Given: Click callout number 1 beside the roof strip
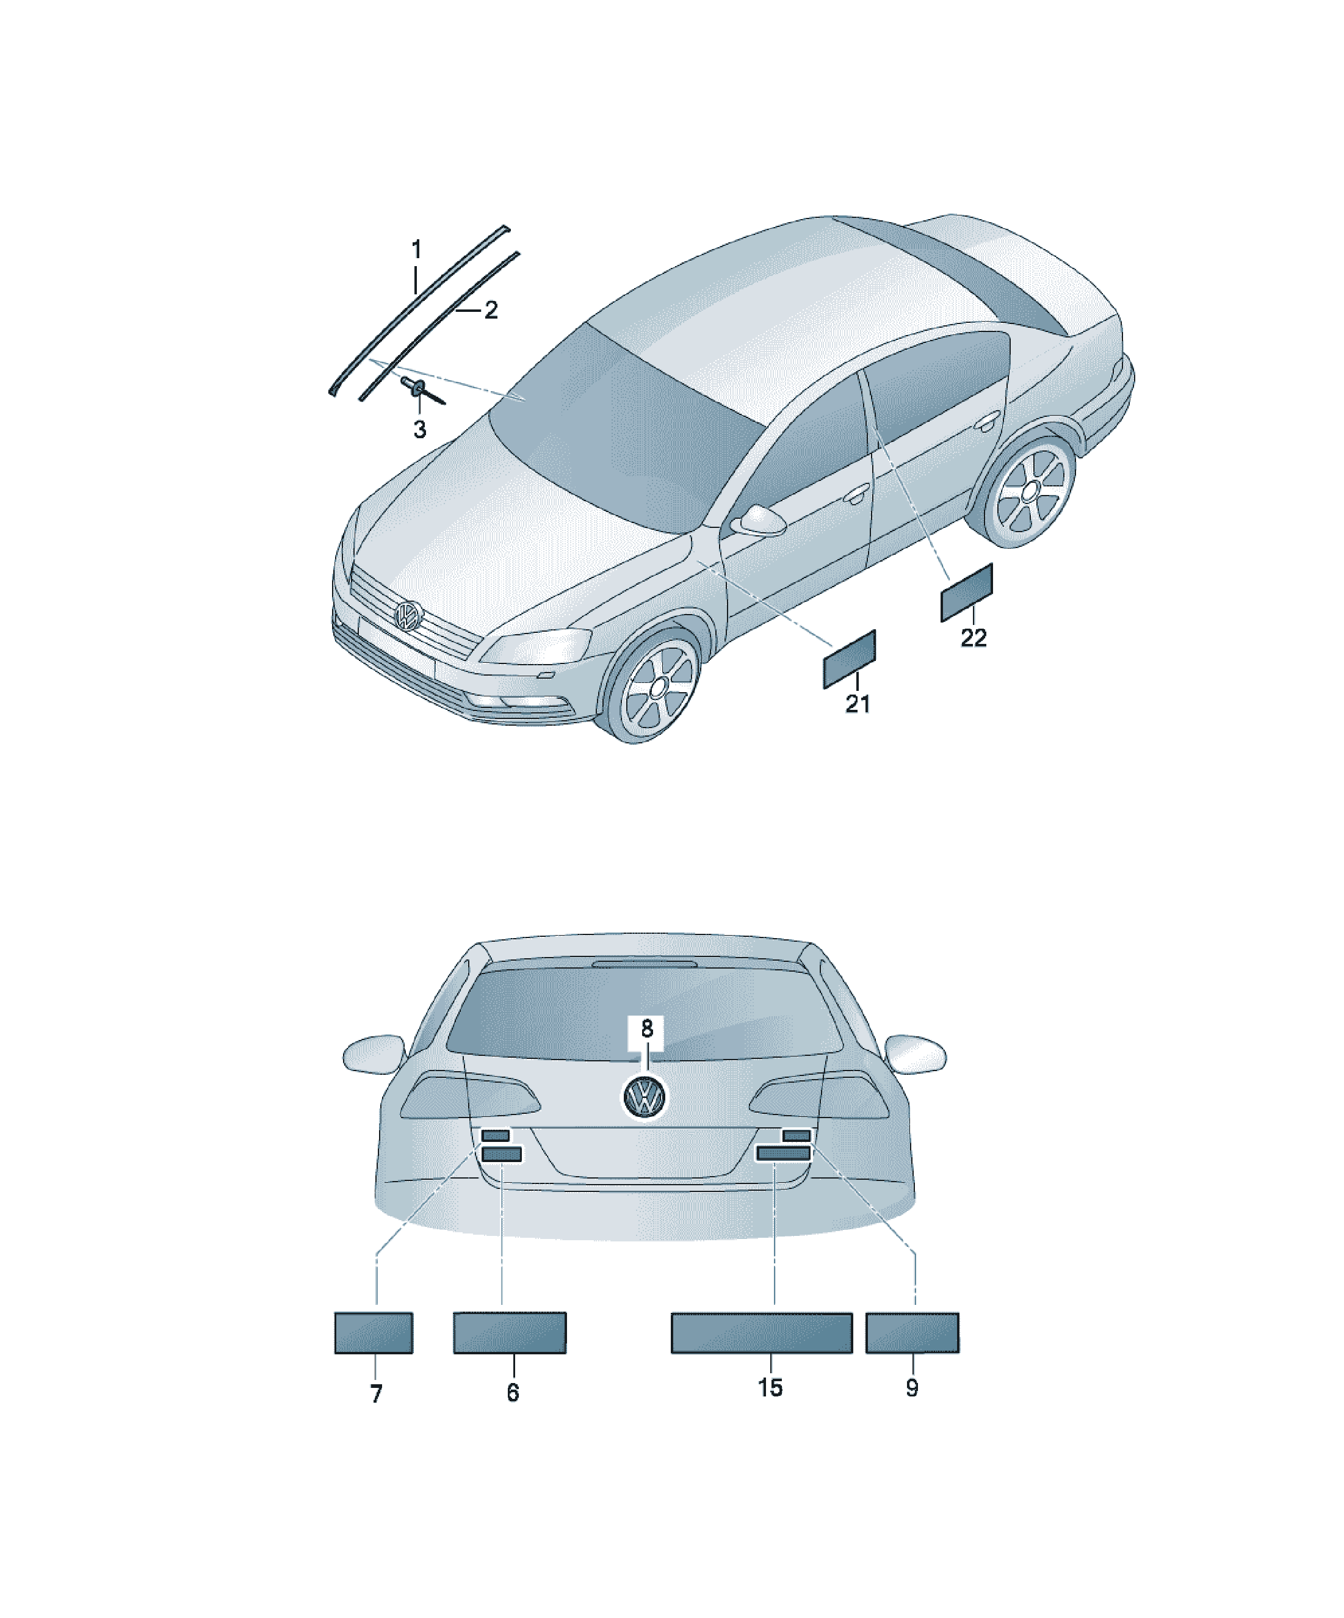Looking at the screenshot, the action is (x=416, y=250).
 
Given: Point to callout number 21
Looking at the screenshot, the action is (x=857, y=704).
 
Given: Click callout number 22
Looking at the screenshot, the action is (x=974, y=637).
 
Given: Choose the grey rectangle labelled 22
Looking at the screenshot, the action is (x=966, y=592).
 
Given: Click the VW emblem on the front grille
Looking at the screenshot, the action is (x=408, y=615).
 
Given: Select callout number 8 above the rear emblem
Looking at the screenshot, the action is (x=646, y=1028).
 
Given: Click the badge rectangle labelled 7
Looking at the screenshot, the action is (x=374, y=1332).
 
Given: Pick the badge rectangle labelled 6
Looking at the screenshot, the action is (x=510, y=1332).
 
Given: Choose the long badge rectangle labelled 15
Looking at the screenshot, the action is (x=761, y=1333).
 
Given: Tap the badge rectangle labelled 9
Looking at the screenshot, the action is (x=912, y=1333).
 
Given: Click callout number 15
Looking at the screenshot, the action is (x=770, y=1387).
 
